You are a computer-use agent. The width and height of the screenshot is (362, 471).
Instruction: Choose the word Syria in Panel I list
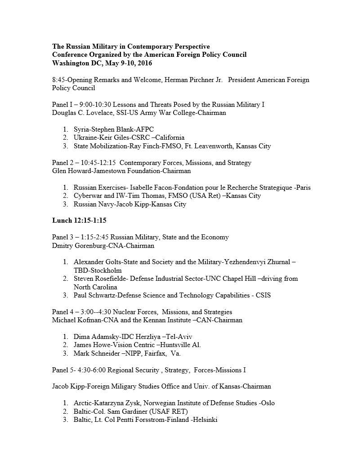click(x=82, y=129)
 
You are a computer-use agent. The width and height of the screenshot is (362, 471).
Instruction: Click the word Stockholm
click(x=106, y=270)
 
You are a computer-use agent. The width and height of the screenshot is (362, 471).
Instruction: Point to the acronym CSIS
click(x=263, y=295)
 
